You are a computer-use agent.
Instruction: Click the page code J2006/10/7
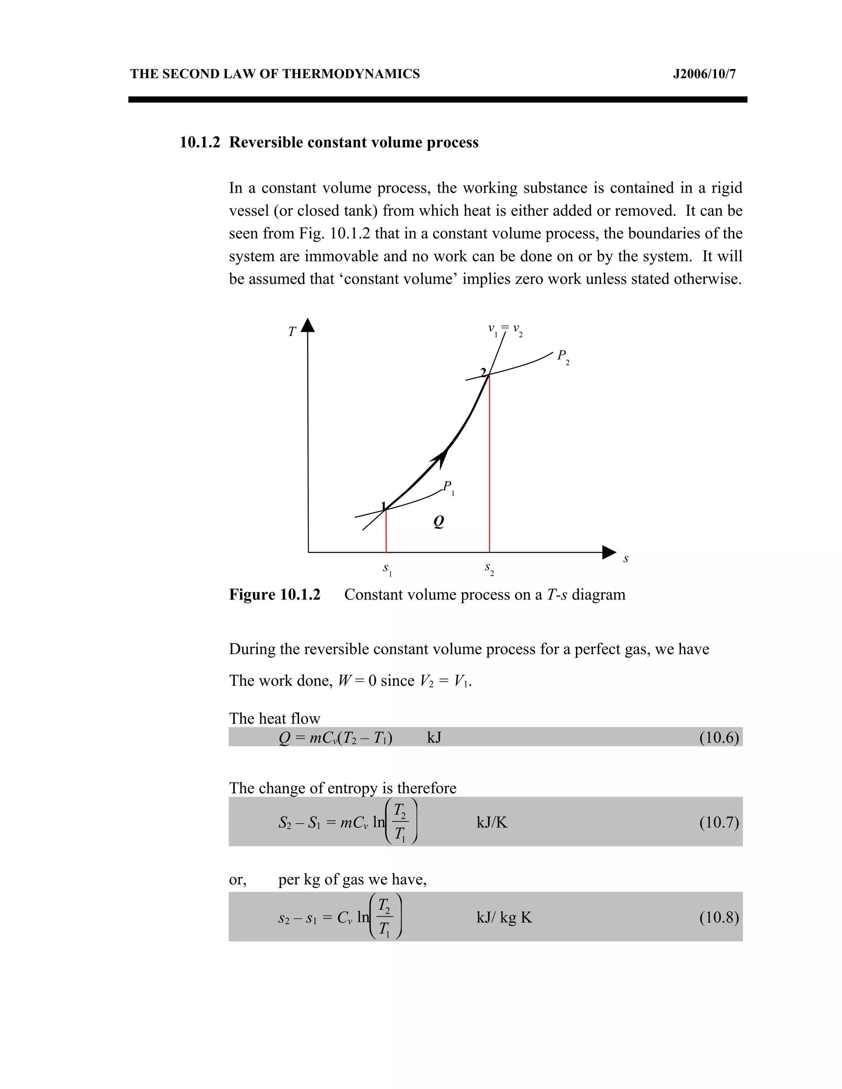704,74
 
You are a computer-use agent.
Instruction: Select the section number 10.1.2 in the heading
199,143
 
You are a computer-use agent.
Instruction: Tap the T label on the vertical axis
292,332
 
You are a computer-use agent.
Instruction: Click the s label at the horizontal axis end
625,559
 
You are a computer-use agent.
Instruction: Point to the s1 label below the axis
387,569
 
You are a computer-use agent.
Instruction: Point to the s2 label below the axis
489,568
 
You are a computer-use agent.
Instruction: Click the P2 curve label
563,357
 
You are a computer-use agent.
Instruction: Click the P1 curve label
449,487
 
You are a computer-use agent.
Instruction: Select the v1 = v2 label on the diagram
505,330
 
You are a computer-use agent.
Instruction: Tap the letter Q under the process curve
438,521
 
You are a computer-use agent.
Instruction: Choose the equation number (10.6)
718,737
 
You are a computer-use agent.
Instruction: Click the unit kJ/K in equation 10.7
492,822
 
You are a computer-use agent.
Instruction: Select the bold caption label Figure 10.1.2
274,595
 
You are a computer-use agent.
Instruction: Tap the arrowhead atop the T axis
308,325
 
